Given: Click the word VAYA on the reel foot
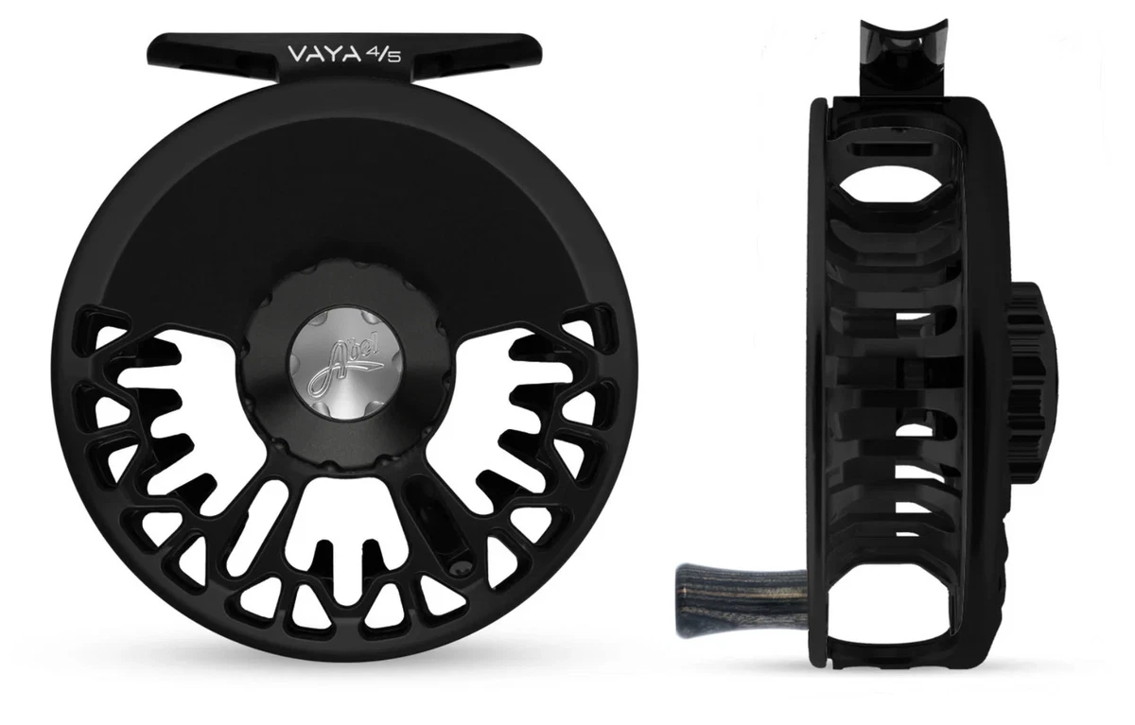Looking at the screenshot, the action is (x=323, y=53).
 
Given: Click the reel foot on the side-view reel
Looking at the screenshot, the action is (x=903, y=60).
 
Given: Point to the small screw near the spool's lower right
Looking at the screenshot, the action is (x=460, y=568).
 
